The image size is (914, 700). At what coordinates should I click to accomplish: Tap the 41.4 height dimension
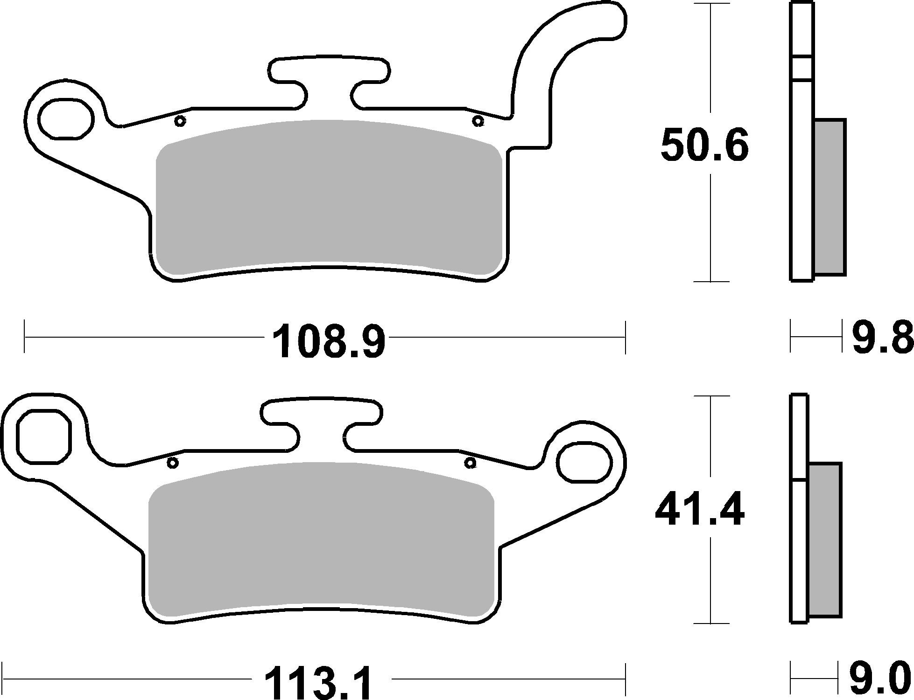699,512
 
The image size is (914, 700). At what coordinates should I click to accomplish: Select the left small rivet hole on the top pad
180,121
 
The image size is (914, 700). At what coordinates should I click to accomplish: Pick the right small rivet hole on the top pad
477,121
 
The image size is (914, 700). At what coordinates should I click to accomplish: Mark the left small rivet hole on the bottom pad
173,463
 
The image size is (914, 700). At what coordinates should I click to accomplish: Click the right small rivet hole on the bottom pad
470,463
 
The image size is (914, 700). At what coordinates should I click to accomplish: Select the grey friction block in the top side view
830,197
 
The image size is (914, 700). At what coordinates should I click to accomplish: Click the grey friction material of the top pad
330,196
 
